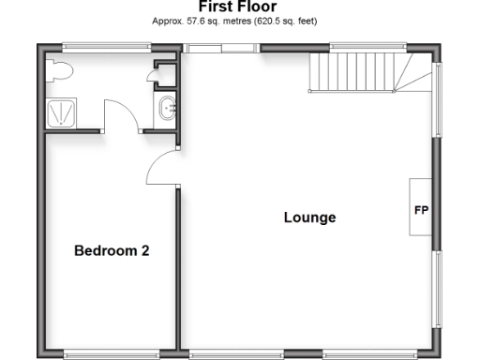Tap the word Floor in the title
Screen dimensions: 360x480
point(257,7)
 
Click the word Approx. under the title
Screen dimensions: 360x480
point(168,20)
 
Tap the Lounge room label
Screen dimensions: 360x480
point(309,217)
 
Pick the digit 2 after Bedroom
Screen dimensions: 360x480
point(145,250)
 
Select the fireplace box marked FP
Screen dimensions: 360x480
point(420,210)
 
